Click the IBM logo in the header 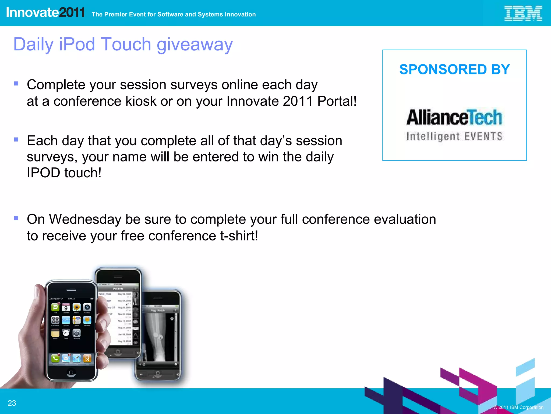(523, 13)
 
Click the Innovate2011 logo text (45, 12)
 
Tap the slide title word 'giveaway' (195, 45)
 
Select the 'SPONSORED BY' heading (454, 70)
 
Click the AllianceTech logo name (454, 117)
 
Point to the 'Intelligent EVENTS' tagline (454, 136)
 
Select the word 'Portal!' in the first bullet (337, 101)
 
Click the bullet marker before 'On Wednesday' (16, 218)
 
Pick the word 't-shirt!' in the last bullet (239, 236)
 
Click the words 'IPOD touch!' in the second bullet (64, 173)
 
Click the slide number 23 (12, 403)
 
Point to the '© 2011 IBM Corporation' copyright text (518, 407)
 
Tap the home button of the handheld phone (71, 372)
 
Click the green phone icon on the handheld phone (55, 358)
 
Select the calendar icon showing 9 (66, 308)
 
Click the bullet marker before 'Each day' (16, 139)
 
